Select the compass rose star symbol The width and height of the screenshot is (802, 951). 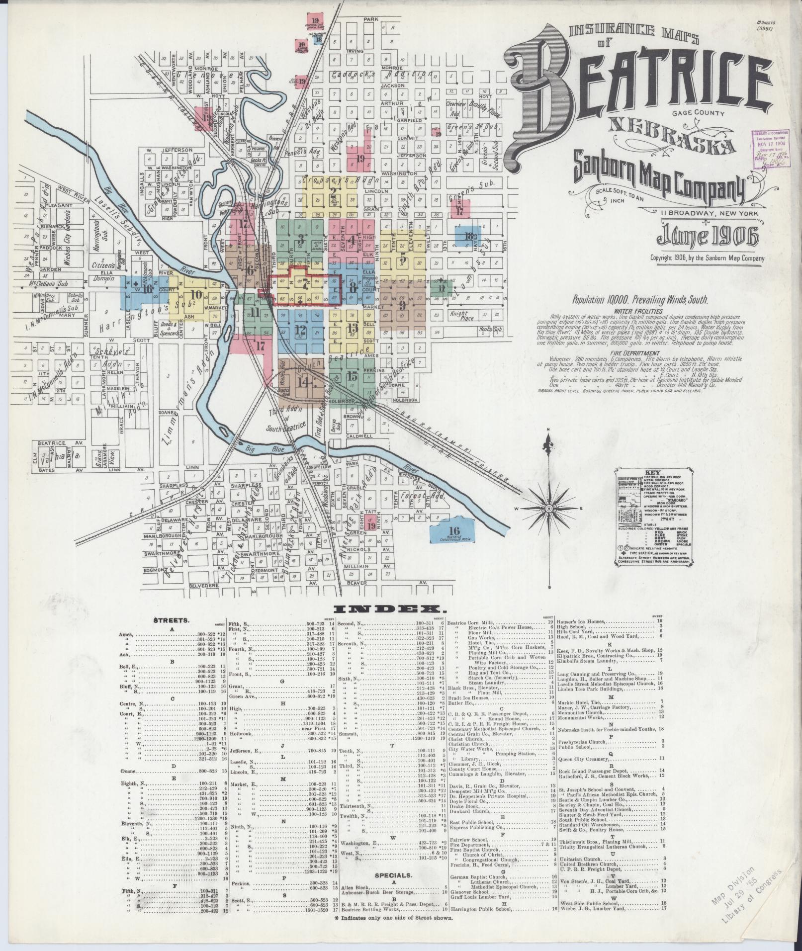tap(547, 509)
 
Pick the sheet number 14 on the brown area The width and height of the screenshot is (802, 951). tap(302, 382)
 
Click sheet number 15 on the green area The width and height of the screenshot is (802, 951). tap(353, 376)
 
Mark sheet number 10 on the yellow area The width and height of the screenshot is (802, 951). tap(196, 294)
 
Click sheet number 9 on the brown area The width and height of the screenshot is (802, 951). tap(402, 304)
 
